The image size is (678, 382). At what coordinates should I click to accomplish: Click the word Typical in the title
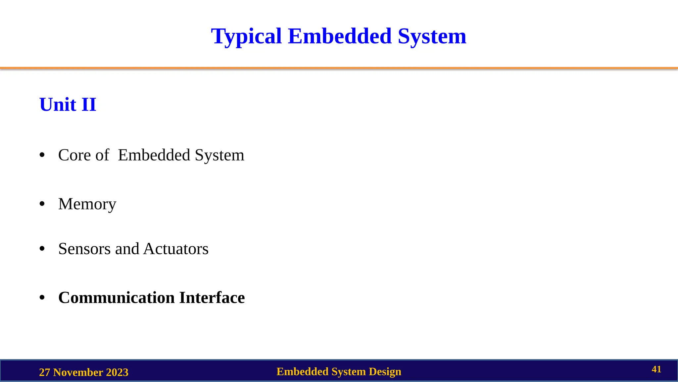click(x=246, y=36)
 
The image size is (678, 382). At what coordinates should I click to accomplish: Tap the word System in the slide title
click(x=432, y=36)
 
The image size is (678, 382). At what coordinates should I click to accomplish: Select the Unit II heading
click(x=68, y=105)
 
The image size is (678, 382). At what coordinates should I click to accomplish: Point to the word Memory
click(x=87, y=204)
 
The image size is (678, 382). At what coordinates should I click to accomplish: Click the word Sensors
click(x=84, y=249)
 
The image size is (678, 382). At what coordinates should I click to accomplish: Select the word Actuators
click(x=176, y=249)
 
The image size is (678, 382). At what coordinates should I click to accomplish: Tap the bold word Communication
click(x=116, y=298)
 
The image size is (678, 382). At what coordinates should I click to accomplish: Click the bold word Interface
click(x=212, y=298)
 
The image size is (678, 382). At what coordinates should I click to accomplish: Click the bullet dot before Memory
click(x=42, y=204)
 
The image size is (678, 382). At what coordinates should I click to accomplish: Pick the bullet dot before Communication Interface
click(x=42, y=298)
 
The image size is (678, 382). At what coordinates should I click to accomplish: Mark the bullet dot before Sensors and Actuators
click(x=42, y=249)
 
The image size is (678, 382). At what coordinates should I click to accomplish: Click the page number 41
click(x=656, y=369)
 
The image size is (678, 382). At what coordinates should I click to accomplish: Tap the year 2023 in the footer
click(x=117, y=372)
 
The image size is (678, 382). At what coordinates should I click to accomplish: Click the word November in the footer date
click(x=78, y=372)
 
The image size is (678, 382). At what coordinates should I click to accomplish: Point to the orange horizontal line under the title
click(x=339, y=68)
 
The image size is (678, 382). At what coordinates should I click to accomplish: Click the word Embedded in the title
click(x=340, y=36)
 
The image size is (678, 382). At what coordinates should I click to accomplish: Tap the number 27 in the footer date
click(x=45, y=372)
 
